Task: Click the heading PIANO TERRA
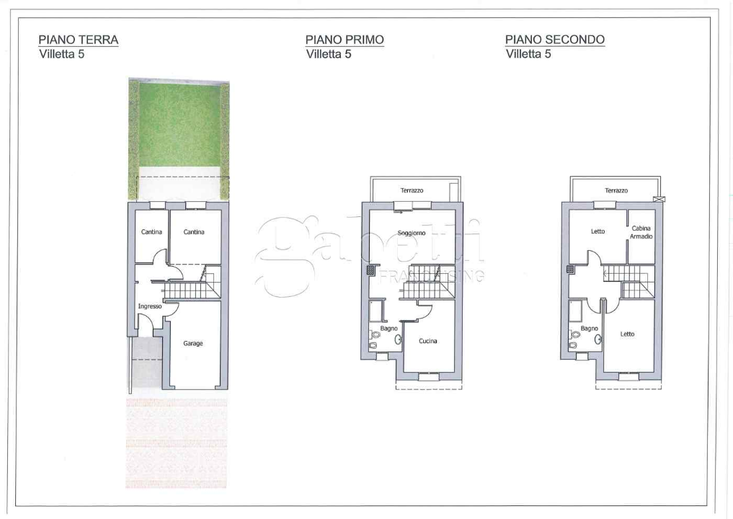point(79,40)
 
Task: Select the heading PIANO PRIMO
point(345,40)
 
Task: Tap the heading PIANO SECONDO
point(555,40)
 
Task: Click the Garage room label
point(192,343)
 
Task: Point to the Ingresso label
point(150,306)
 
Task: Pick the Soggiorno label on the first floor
point(412,233)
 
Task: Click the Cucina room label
point(428,341)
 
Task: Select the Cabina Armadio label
point(641,232)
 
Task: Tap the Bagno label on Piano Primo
point(389,328)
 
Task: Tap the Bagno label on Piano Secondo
point(589,329)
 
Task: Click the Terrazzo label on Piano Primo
point(412,190)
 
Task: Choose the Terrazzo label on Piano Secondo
point(616,190)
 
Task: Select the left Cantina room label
point(151,231)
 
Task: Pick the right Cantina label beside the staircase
point(194,231)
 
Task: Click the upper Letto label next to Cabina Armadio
point(597,231)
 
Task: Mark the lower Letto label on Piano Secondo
point(627,334)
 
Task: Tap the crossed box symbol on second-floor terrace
point(659,199)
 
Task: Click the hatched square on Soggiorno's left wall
point(370,270)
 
